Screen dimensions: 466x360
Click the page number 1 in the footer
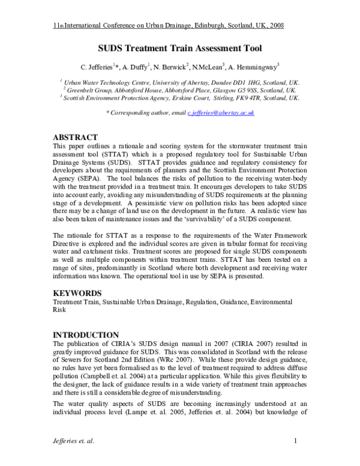(x=296, y=443)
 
